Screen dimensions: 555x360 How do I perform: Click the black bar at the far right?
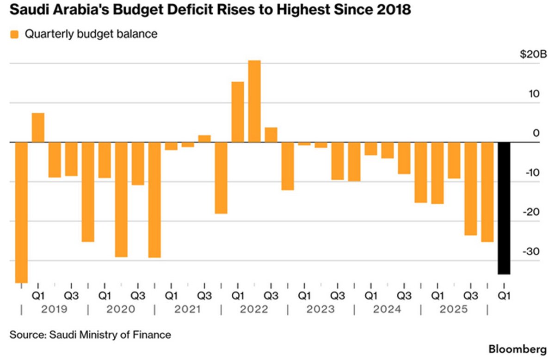[x=504, y=208]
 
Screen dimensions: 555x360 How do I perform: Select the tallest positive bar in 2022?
[x=254, y=101]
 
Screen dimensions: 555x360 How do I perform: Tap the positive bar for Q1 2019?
[x=38, y=128]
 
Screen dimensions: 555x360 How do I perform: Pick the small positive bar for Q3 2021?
[x=204, y=139]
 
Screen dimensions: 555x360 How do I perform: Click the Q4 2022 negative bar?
[x=288, y=166]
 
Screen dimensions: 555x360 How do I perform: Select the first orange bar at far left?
[x=21, y=213]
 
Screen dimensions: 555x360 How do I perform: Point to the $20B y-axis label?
[x=533, y=54]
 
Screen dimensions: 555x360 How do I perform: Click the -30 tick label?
[x=531, y=252]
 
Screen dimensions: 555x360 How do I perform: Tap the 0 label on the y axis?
[x=536, y=133]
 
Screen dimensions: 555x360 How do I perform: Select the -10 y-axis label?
[x=532, y=172]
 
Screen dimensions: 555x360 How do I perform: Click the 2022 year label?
[x=254, y=309]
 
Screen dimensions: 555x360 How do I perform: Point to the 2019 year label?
[x=54, y=309]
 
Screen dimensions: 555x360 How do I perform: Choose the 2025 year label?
[x=454, y=309]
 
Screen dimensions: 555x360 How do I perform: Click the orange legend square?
[x=14, y=34]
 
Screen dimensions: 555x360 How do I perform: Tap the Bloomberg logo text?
[x=518, y=349]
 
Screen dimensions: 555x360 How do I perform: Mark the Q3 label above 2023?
[x=338, y=296]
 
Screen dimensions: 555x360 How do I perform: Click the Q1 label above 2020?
[x=105, y=296]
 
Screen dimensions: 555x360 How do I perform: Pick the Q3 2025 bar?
[x=470, y=189]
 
